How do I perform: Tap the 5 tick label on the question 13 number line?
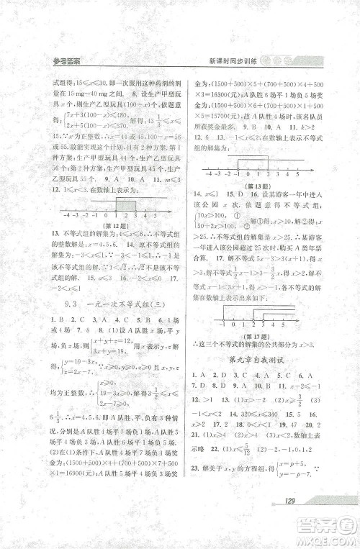coord(297,174)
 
